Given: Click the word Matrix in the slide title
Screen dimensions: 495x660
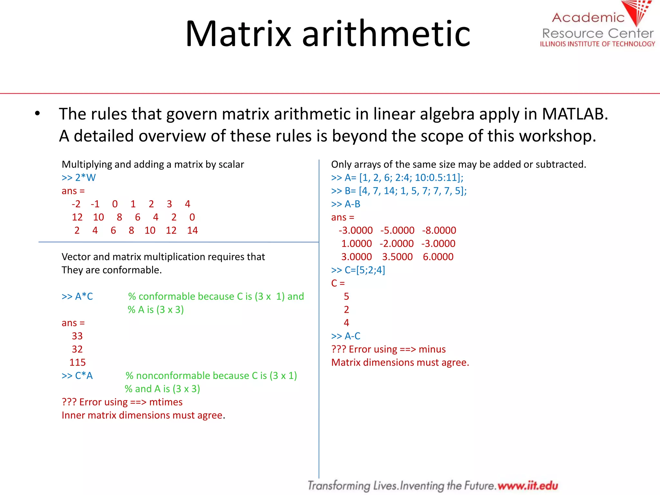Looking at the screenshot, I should click(x=238, y=34).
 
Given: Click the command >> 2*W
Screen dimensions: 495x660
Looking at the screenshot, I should click(x=79, y=178).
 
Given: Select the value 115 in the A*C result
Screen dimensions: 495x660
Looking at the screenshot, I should click(x=77, y=362).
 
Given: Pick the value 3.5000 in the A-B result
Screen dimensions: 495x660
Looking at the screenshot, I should click(x=397, y=257).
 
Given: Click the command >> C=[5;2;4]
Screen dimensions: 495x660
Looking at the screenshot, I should click(x=358, y=270).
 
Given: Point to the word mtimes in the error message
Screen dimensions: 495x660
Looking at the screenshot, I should click(x=166, y=402).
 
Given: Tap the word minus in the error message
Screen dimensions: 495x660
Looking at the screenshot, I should click(x=432, y=349).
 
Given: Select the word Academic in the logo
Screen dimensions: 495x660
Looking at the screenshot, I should click(x=588, y=17).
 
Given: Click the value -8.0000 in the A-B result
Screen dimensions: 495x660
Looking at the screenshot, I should click(x=439, y=230).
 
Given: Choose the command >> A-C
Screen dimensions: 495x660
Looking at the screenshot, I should click(x=346, y=336).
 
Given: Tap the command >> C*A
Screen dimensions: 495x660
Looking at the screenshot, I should click(x=77, y=376).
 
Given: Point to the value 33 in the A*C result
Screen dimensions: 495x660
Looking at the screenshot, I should click(x=77, y=336).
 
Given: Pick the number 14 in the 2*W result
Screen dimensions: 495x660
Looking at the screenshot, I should click(x=192, y=230).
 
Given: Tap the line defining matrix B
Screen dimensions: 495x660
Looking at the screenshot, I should click(x=399, y=191).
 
